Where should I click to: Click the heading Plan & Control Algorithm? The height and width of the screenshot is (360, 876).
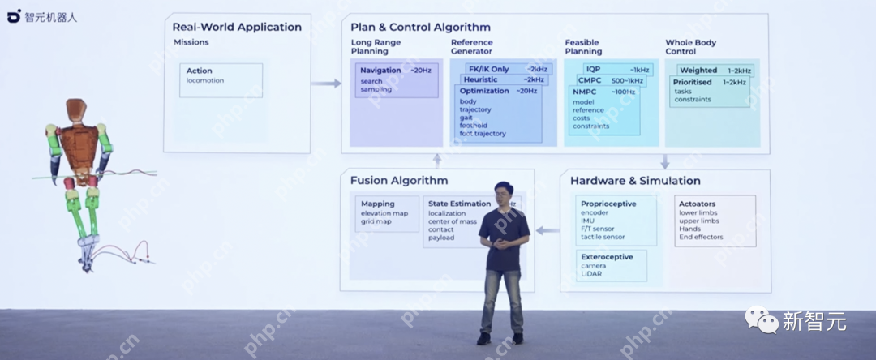coord(420,27)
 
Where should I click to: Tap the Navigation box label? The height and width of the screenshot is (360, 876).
coord(380,71)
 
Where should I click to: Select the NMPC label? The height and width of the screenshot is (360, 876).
coord(584,92)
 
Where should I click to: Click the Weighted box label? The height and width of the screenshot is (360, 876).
coord(698,71)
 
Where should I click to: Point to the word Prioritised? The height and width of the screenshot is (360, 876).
coord(692,82)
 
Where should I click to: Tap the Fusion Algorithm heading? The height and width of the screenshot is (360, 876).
coord(399,180)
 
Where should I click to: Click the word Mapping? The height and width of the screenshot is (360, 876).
coord(378,204)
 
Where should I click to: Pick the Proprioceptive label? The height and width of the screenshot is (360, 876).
coord(608,204)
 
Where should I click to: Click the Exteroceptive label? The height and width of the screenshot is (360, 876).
coord(607,256)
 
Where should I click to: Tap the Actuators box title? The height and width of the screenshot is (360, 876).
coord(698,204)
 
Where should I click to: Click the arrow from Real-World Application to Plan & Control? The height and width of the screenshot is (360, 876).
coord(326,83)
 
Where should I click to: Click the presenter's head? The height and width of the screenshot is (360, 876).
coord(503,194)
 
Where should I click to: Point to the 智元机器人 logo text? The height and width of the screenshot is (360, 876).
coord(49,16)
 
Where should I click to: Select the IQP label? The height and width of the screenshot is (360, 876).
coord(593,70)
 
